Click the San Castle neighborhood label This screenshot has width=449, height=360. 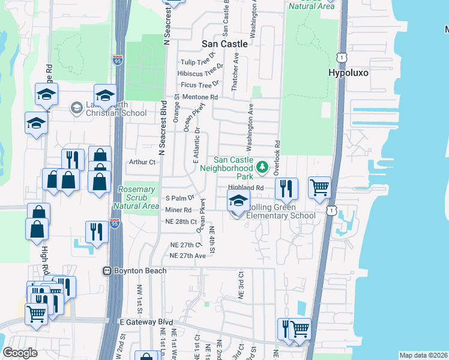pyautogui.click(x=224, y=44)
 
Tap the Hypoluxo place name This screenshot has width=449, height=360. pyautogui.click(x=348, y=73)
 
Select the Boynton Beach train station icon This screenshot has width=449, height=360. pyautogui.click(x=107, y=271)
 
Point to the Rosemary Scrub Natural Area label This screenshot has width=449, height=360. pyautogui.click(x=139, y=197)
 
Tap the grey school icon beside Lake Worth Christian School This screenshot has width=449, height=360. pyautogui.click(x=76, y=108)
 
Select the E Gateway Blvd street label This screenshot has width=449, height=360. pyautogui.click(x=146, y=322)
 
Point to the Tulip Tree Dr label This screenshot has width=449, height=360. pyautogui.click(x=198, y=62)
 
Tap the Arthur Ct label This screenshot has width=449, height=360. pyautogui.click(x=142, y=162)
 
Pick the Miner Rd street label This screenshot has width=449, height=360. pyautogui.click(x=178, y=210)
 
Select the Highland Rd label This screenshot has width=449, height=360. pyautogui.click(x=246, y=188)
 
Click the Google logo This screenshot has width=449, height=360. pyautogui.click(x=20, y=353)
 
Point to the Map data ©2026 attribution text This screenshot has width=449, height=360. pyautogui.click(x=423, y=355)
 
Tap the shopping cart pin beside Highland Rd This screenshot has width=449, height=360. pyautogui.click(x=320, y=187)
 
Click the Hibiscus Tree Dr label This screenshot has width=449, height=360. pyautogui.click(x=200, y=73)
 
